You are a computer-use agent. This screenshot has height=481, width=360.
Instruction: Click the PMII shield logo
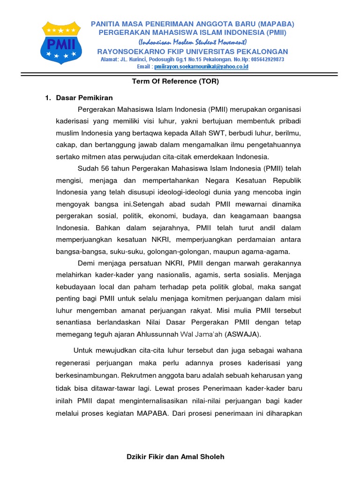pos(63,43)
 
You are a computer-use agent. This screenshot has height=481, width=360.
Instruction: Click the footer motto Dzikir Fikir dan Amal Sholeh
pos(176,457)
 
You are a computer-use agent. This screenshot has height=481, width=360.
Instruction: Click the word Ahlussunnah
pos(155,334)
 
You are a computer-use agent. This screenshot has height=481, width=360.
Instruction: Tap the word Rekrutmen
pos(138,376)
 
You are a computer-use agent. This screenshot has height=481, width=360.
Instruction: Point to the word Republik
pos(285,180)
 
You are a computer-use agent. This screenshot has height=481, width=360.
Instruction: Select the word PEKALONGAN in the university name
pos(262,51)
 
